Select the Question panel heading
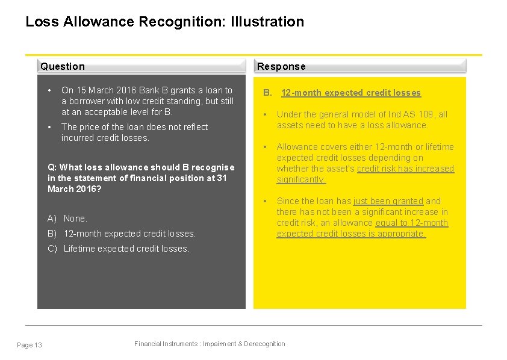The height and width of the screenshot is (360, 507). tap(63, 66)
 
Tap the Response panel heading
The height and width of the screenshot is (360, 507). tap(281, 66)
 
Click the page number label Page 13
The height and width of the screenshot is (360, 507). tap(30, 345)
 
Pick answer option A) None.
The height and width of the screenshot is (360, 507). tap(67, 219)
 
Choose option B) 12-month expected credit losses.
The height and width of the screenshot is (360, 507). tap(122, 234)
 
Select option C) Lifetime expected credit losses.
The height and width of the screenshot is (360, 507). tap(119, 249)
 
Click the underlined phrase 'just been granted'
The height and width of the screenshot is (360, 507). tap(388, 201)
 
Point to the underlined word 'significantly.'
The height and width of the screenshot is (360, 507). tap(301, 179)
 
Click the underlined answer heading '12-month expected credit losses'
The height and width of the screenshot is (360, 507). tap(351, 93)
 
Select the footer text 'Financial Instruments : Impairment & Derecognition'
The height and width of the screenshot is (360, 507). tap(210, 344)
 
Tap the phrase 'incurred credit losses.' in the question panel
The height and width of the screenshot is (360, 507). tap(105, 138)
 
